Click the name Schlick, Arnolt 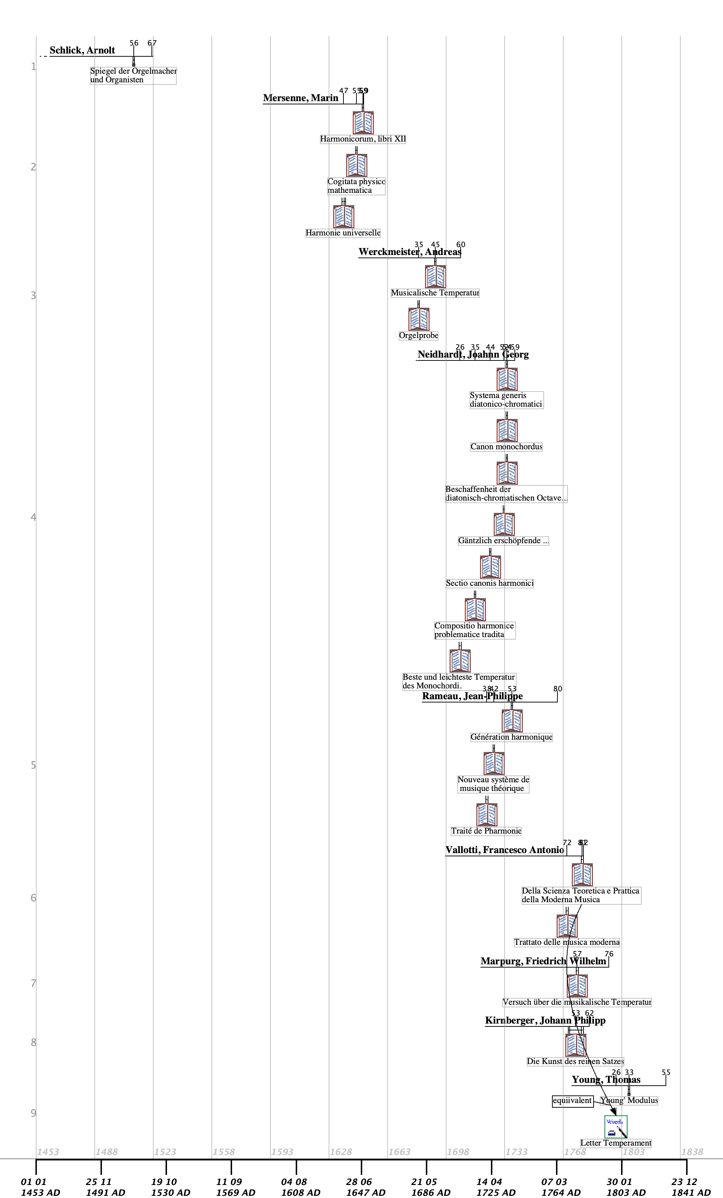pyautogui.click(x=82, y=51)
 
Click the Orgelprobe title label pyautogui.click(x=418, y=336)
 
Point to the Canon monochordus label pyautogui.click(x=506, y=447)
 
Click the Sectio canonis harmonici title pyautogui.click(x=489, y=583)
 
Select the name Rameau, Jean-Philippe pyautogui.click(x=472, y=696)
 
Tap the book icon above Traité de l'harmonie pyautogui.click(x=487, y=815)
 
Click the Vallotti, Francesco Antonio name pyautogui.click(x=505, y=850)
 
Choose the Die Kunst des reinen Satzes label pyautogui.click(x=575, y=1061)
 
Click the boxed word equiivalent pyautogui.click(x=572, y=1100)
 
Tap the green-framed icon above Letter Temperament pyautogui.click(x=616, y=1126)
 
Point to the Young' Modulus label pyautogui.click(x=629, y=1100)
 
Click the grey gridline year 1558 pyautogui.click(x=223, y=1152)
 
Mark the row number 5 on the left pyautogui.click(x=33, y=765)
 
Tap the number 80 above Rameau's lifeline pyautogui.click(x=557, y=689)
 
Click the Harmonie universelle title pyautogui.click(x=343, y=233)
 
